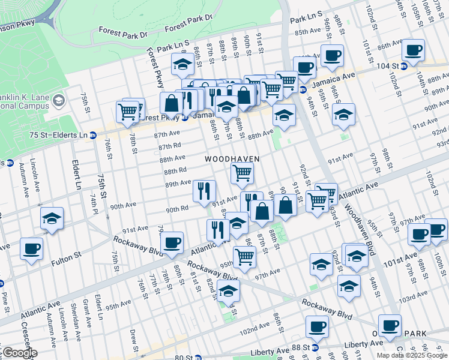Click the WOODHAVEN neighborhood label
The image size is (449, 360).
(232, 159)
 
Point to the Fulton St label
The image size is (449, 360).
(68, 256)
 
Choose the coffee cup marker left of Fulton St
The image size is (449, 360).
(31, 248)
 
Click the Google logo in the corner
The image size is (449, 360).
(19, 352)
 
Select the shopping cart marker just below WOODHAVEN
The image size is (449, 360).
(242, 173)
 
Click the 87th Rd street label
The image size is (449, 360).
(170, 146)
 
